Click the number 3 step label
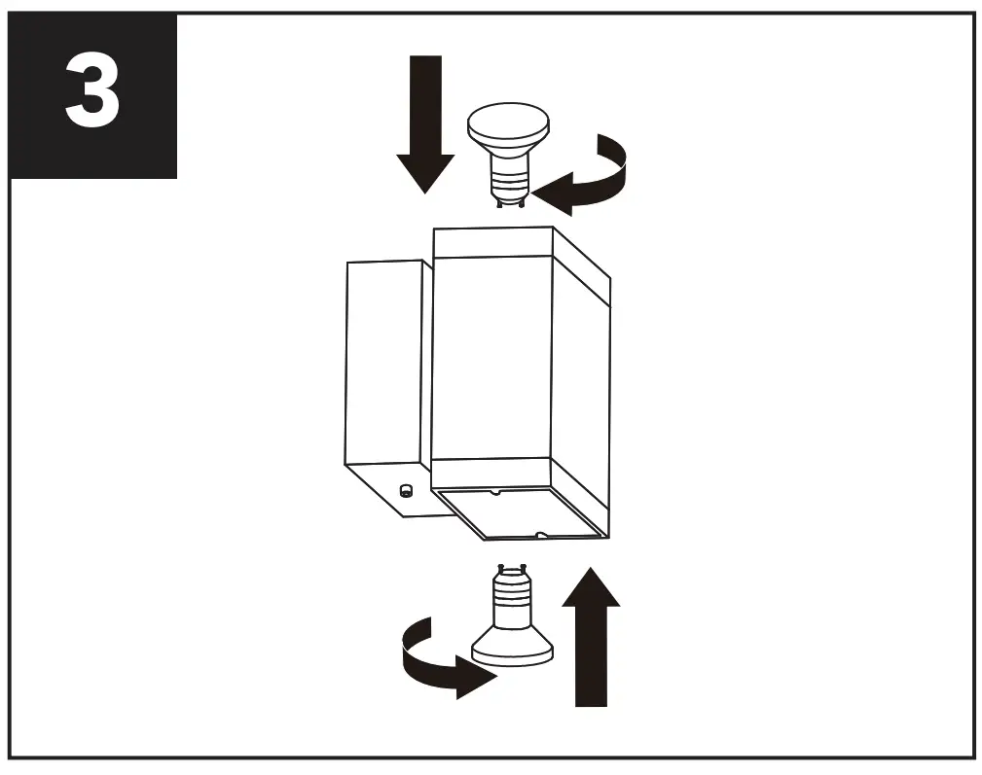[x=92, y=95]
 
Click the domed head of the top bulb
[x=508, y=126]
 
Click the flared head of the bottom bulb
[x=511, y=647]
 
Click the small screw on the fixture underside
[x=406, y=491]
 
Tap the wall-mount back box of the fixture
[x=384, y=360]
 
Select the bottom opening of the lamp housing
[x=521, y=512]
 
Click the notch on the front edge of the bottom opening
[x=538, y=534]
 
